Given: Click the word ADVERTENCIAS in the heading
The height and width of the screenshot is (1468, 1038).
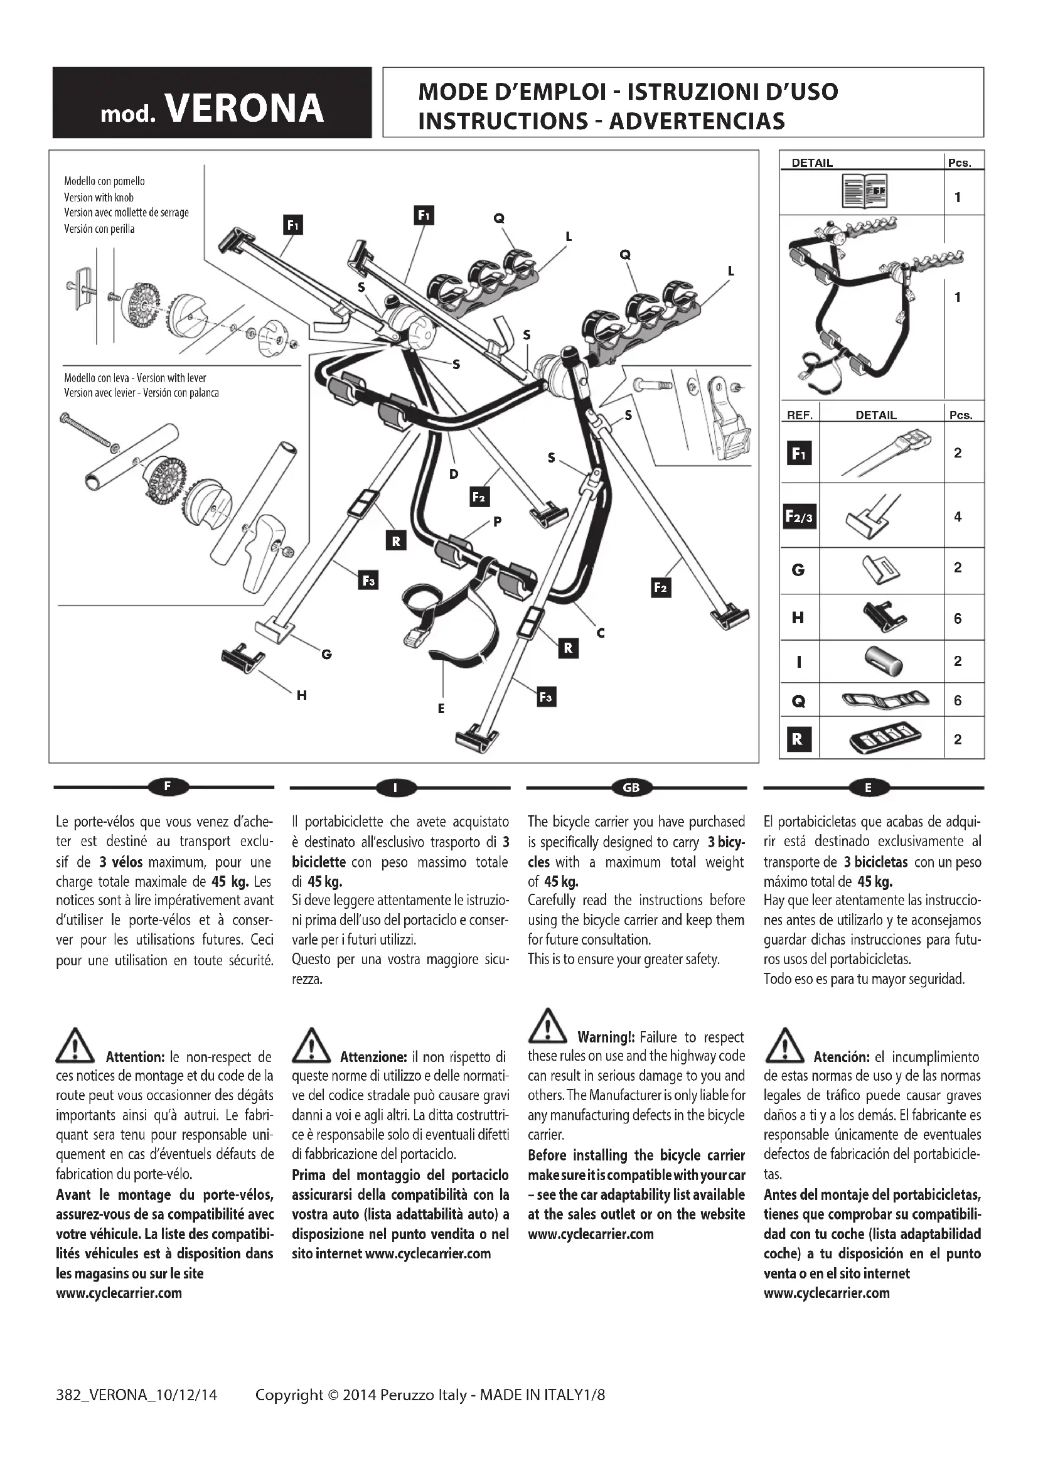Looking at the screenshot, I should [697, 121].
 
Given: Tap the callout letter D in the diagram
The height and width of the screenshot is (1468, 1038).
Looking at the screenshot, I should [454, 474].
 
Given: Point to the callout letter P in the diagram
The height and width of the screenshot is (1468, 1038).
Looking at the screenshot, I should [497, 522].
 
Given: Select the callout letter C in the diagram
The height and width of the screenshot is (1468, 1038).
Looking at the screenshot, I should [600, 633].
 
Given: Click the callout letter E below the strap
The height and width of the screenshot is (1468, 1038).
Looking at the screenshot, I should [441, 709].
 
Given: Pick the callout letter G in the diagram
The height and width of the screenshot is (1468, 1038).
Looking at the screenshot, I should [326, 654].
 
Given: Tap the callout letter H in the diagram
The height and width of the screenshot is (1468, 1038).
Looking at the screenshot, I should [302, 695].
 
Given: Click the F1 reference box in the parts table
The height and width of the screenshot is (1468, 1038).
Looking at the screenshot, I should [799, 453].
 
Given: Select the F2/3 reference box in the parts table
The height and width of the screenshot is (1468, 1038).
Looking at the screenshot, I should [800, 517].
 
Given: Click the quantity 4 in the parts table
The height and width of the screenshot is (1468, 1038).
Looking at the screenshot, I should [958, 517].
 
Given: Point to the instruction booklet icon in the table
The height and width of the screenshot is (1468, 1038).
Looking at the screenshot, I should [864, 191].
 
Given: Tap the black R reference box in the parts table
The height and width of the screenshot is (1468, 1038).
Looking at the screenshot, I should [798, 739].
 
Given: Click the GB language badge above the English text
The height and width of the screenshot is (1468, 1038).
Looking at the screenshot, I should [631, 788].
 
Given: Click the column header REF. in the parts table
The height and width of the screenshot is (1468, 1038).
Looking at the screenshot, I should [800, 415].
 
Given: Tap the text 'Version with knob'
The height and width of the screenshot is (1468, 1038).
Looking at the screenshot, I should [99, 198].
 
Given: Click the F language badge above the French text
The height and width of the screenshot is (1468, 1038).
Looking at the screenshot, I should [168, 787].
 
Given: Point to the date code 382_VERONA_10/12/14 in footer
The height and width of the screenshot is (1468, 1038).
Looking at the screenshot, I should [137, 1395].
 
